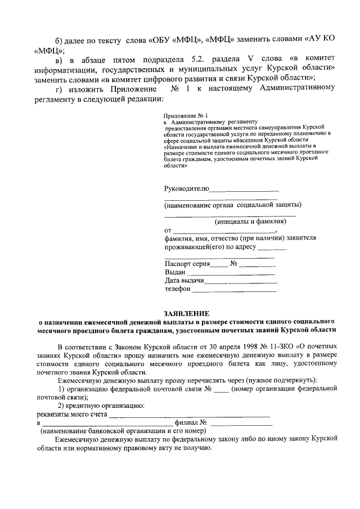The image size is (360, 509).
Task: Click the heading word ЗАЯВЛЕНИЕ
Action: [x=186, y=313]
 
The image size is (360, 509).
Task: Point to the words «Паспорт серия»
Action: [x=187, y=263]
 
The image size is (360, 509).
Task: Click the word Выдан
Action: [x=175, y=272]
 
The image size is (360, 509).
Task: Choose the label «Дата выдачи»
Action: [x=183, y=280]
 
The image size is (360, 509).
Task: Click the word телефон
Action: [x=177, y=289]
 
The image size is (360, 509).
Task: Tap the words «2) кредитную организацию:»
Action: [x=102, y=406]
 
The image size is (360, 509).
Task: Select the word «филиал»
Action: [x=186, y=422]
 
